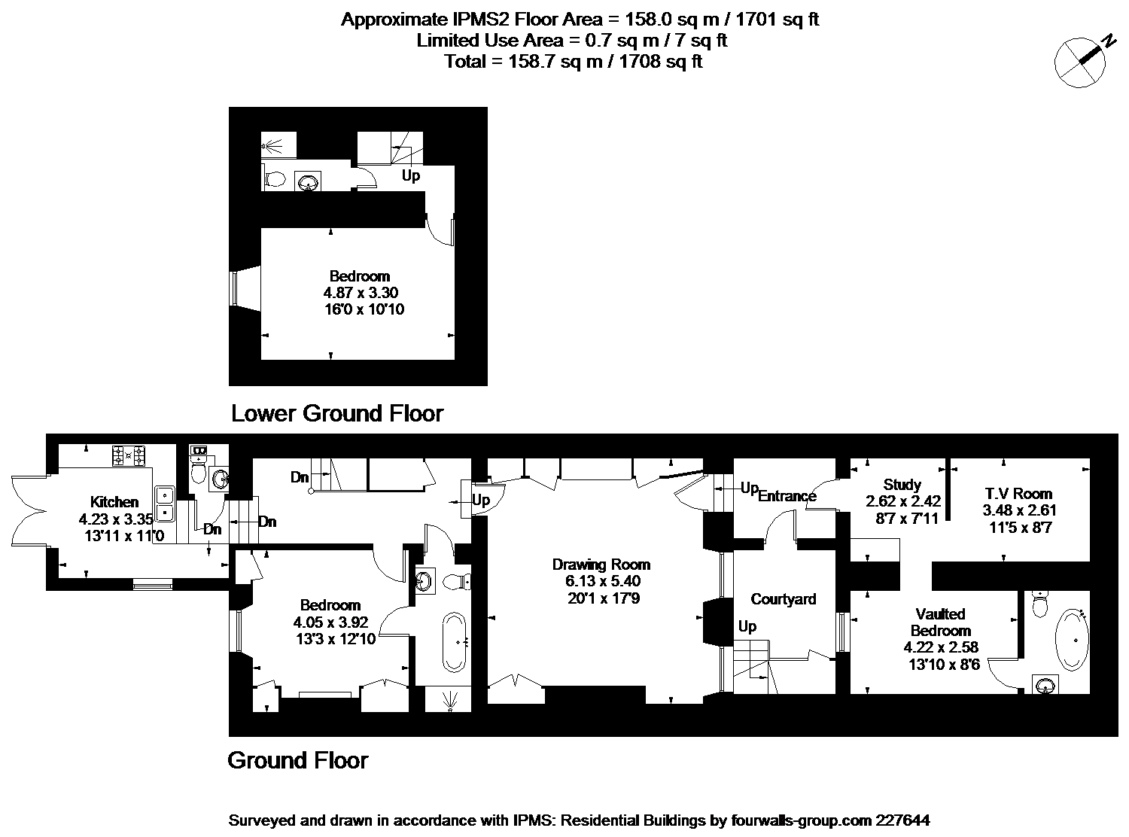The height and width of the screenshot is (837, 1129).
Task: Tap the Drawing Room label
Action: [601, 565]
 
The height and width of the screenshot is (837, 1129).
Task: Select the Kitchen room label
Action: [114, 502]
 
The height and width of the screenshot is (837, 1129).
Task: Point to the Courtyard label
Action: [784, 599]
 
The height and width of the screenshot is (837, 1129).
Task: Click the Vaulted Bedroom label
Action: [940, 622]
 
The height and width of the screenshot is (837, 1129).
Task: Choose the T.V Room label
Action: [1018, 493]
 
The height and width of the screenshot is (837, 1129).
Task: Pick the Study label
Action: [902, 485]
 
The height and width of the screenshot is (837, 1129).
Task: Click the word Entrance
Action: [787, 496]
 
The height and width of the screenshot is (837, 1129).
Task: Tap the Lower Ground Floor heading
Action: [337, 413]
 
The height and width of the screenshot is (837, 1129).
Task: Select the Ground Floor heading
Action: [298, 761]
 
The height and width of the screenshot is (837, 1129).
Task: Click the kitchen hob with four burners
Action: [128, 455]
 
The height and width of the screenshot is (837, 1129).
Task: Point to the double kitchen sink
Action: [165, 504]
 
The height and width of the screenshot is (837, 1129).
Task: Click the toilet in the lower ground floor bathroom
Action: [275, 179]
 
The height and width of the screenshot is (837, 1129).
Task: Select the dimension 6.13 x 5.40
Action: [603, 581]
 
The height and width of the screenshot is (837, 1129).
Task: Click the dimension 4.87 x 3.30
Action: [361, 293]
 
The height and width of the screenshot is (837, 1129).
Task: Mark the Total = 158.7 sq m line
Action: [574, 62]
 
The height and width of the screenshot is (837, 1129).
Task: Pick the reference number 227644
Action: [902, 820]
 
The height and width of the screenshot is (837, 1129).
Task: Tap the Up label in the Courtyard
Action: [747, 627]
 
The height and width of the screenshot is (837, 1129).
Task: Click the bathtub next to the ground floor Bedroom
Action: [454, 643]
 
